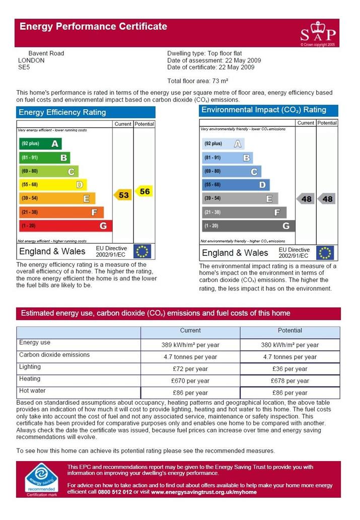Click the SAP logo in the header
pos(318,34)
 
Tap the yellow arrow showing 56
pos(144,191)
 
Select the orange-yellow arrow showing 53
pos(123,195)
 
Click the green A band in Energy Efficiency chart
pos(40,143)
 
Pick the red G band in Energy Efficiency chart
pos(65,226)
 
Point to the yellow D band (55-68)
pos(53,185)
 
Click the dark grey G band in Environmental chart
pos(248,226)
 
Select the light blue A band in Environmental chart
pos(223,143)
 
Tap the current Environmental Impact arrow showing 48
pos(305,199)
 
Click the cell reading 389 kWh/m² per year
pos(190,345)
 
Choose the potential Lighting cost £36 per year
pos(290,369)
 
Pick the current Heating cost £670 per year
pos(190,381)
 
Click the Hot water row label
pos(32,391)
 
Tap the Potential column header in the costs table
pos(290,330)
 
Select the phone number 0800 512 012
pos(115,492)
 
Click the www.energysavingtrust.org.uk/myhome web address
pos(204,492)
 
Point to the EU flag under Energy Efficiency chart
pos(142,251)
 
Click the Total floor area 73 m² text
pos(198,81)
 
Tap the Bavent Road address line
pos(46,53)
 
